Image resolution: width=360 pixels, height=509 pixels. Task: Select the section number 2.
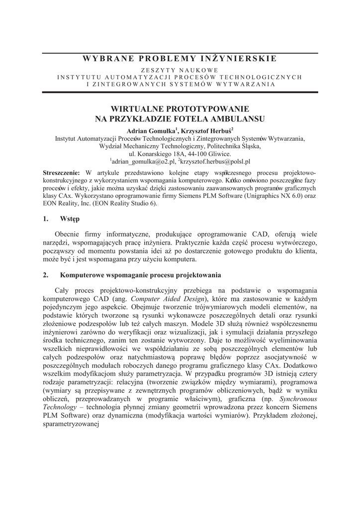tap(46, 275)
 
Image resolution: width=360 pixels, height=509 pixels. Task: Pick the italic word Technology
tap(61, 407)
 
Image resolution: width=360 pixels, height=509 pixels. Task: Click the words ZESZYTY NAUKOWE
tap(180, 70)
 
